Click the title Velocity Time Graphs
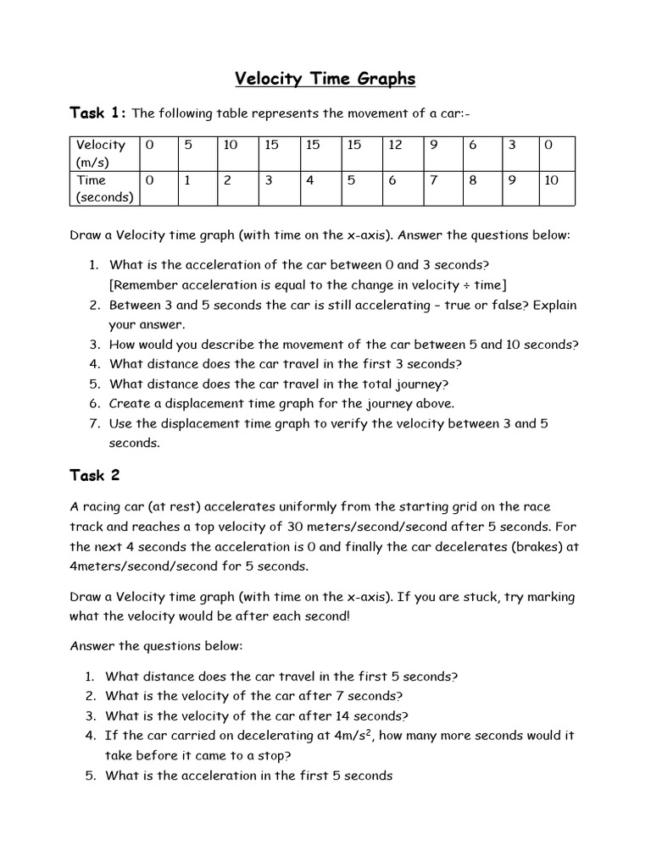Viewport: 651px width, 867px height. click(x=325, y=79)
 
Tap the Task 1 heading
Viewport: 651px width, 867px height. click(x=97, y=113)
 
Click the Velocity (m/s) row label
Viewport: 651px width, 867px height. click(x=100, y=152)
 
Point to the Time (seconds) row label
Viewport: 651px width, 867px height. click(x=100, y=188)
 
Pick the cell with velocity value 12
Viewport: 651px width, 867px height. click(x=395, y=145)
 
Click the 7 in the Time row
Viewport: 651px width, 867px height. click(x=434, y=179)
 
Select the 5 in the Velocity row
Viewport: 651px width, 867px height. click(x=188, y=145)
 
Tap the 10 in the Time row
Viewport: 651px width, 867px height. click(x=551, y=179)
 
